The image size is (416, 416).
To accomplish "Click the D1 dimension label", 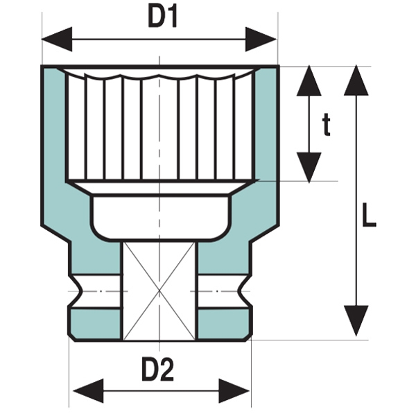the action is pos(163,18).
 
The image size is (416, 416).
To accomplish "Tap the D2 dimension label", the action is pos(159,370).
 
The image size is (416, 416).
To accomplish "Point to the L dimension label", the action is pos(369,218).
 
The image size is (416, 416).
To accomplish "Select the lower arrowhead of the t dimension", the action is pos(310,168).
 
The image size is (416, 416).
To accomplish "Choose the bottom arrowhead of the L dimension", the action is pos(356,322).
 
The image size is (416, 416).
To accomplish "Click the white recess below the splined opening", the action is pos(160,215).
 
